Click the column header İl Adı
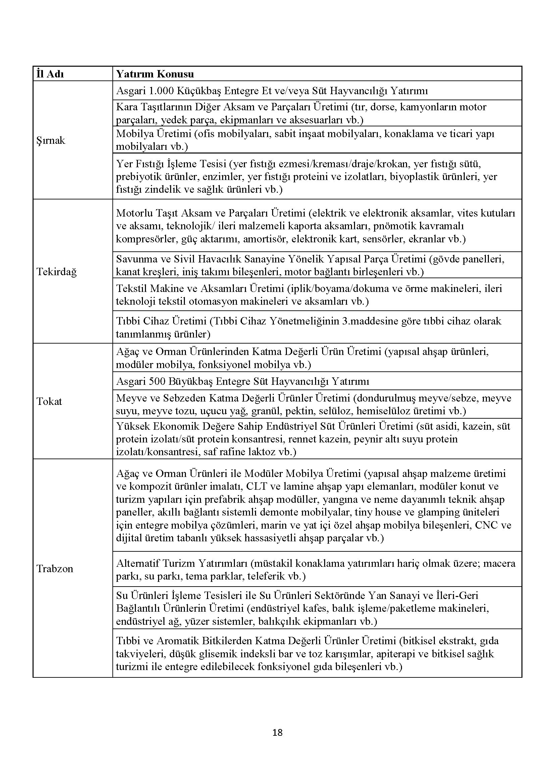(50, 74)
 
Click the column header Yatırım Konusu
(155, 74)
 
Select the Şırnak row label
(51, 140)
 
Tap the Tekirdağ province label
(56, 272)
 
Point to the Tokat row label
(49, 401)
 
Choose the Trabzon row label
(55, 568)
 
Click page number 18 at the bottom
(277, 732)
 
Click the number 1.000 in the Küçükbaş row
(161, 91)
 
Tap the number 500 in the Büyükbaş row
(157, 381)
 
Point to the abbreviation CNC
(486, 525)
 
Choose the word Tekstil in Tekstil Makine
(132, 289)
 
